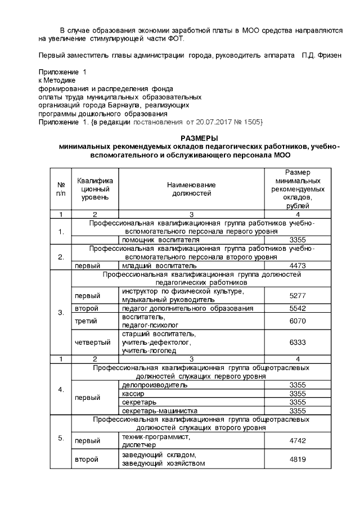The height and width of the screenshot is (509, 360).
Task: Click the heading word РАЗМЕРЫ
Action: (x=199, y=138)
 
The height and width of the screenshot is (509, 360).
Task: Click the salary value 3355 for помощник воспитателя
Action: (x=296, y=240)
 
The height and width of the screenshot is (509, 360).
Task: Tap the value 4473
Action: (x=296, y=265)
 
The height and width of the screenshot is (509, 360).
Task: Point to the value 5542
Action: (x=296, y=308)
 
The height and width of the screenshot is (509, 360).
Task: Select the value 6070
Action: (x=296, y=321)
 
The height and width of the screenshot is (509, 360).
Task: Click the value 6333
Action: (x=296, y=342)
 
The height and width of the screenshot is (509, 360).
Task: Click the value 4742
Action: (x=296, y=441)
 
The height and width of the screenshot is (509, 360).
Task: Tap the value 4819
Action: (x=296, y=460)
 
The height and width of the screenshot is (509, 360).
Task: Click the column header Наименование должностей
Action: (x=191, y=189)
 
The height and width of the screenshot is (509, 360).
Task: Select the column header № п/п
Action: (x=60, y=189)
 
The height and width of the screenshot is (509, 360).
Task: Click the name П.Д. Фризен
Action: (x=322, y=56)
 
